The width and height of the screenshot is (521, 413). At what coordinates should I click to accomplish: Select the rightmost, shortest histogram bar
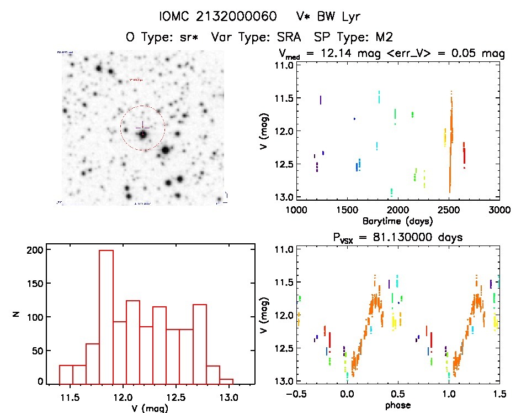pos(226,381)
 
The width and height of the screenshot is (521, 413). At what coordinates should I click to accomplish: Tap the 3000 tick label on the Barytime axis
pos(499,210)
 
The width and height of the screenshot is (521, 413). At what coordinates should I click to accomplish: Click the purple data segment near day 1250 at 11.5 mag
pos(321,100)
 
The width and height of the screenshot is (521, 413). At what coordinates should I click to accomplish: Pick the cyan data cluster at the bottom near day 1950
pos(391,192)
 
